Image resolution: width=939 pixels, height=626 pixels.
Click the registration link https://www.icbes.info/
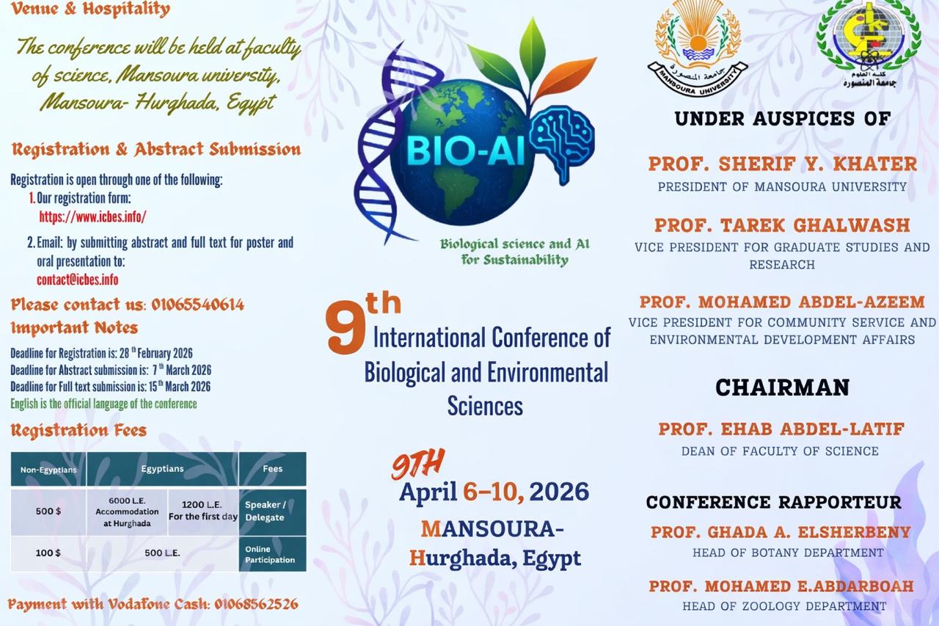pos(92,216)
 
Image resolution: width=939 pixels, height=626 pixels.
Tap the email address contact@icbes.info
pos(78,280)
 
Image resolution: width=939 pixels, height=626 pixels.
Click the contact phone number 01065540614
pos(198,305)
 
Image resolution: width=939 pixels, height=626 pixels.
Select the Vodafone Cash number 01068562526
pos(257,604)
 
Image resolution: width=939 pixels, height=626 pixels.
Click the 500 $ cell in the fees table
pos(48,511)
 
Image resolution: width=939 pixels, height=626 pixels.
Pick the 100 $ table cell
pos(48,553)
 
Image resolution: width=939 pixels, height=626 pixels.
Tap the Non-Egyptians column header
pos(48,470)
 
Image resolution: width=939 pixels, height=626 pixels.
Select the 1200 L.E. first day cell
pos(203,511)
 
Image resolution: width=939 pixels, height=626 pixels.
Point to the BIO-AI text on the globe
pos(465,151)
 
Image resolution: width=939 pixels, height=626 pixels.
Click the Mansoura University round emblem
pos(698,48)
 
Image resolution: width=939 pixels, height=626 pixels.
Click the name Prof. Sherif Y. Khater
pos(782,164)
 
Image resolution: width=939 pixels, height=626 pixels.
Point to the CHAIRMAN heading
pos(782,387)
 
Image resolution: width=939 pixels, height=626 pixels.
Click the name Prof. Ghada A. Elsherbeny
pos(781,532)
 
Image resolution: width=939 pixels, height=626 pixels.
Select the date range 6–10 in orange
pos(494,492)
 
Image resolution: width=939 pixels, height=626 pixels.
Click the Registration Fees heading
pos(78,430)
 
